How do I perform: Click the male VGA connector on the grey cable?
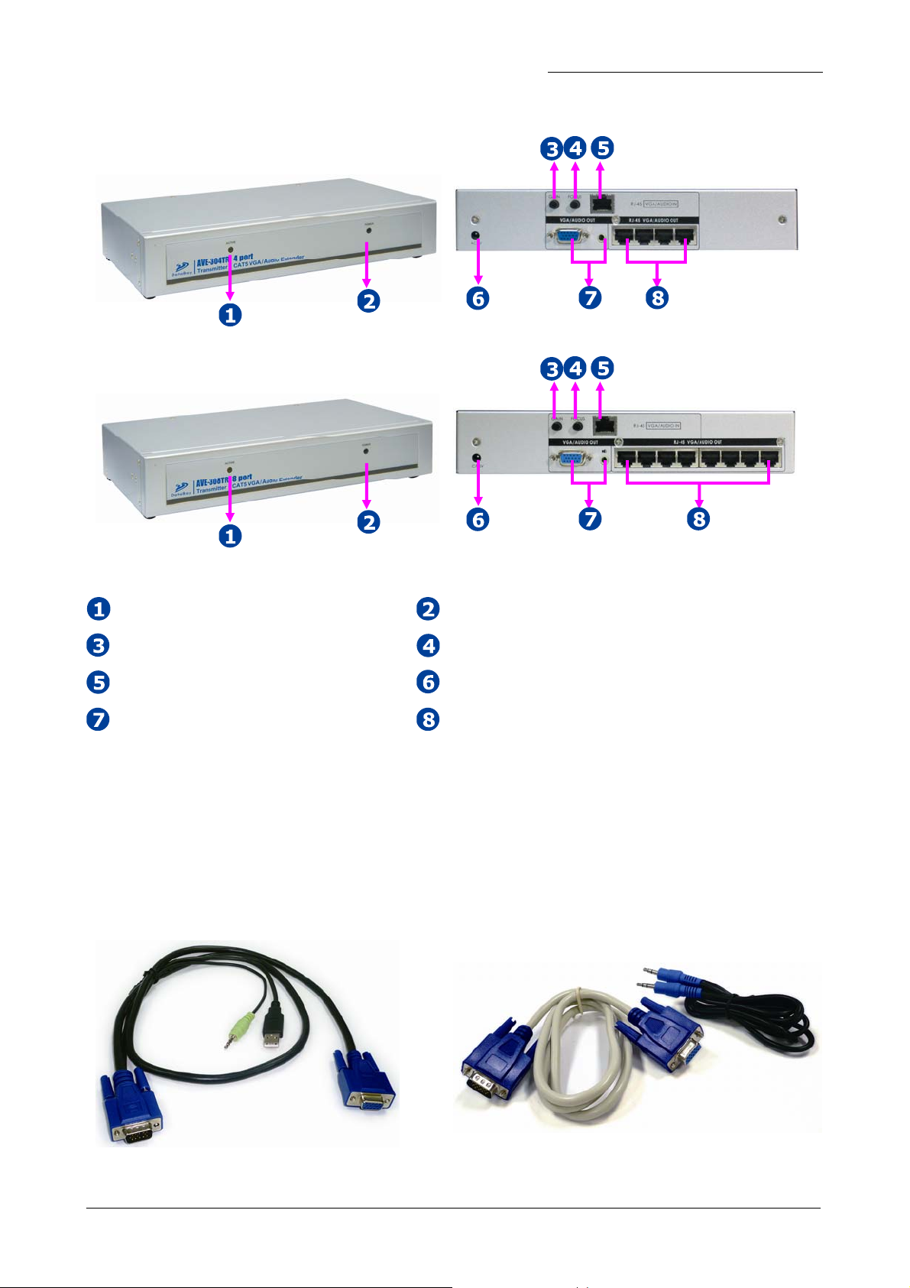tap(486, 1077)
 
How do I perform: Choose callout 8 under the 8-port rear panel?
tap(698, 519)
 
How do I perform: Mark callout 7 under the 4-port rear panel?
tap(589, 297)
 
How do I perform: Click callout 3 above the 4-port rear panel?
tap(552, 148)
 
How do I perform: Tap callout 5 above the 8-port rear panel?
tap(603, 368)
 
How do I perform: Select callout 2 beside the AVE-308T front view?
tap(368, 522)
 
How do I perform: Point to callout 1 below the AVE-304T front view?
tap(230, 314)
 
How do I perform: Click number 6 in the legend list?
tap(428, 682)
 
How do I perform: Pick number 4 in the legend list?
tap(428, 646)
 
